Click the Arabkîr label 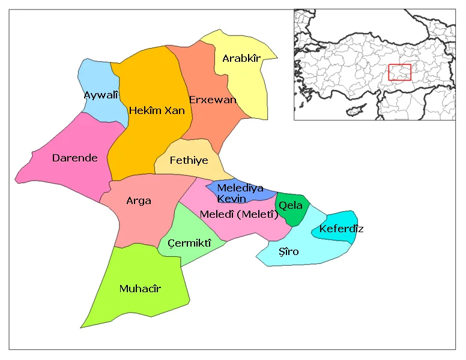[x=241, y=58]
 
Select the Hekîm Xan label [x=157, y=110]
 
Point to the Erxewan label [x=213, y=100]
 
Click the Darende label [x=74, y=158]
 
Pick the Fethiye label [x=189, y=160]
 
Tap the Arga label [x=139, y=200]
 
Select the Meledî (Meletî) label [x=238, y=214]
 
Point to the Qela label [x=291, y=205]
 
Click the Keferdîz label [x=341, y=229]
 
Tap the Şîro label [x=289, y=251]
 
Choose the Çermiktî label [x=189, y=242]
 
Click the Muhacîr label [x=140, y=289]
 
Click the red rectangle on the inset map [x=399, y=72]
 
